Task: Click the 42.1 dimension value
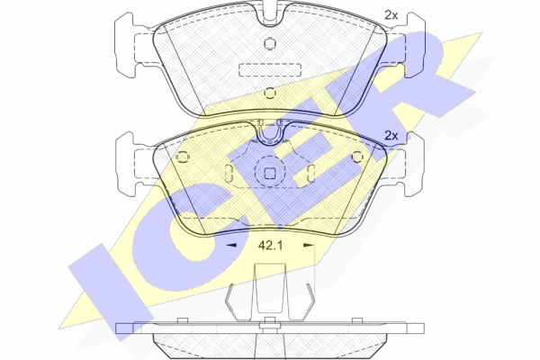270,246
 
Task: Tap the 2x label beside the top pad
391,15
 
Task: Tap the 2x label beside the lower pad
391,136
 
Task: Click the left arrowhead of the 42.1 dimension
231,246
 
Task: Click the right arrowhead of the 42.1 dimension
309,246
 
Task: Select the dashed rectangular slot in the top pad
270,69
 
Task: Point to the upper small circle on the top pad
270,43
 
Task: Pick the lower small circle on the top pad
270,93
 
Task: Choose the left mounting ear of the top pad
125,44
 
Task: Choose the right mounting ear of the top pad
415,44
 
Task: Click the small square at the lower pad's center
270,174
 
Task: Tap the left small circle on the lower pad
182,157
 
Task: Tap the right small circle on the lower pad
358,157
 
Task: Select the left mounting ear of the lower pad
125,164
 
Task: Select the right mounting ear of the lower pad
415,164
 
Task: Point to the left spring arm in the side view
230,301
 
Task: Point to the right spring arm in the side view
310,301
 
